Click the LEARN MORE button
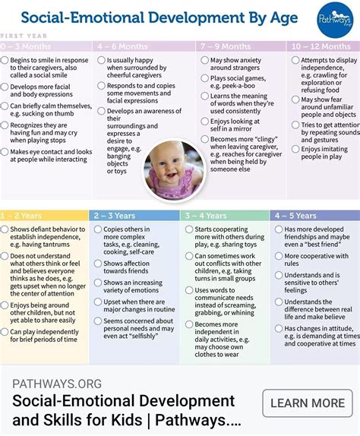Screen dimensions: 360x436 (307, 403)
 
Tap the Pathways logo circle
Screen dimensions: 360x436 (336, 17)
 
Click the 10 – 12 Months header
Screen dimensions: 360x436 (322, 46)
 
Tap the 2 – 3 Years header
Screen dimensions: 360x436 (116, 216)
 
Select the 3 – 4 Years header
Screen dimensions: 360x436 (206, 216)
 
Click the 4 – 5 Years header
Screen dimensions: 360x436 (297, 216)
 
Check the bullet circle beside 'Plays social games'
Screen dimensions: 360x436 (204, 77)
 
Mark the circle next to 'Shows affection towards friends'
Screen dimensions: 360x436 (97, 264)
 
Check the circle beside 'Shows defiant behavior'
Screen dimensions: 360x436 (5, 229)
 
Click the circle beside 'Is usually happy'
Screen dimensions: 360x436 (101, 59)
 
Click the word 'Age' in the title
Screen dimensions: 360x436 (282, 16)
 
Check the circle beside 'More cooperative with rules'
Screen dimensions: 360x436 (278, 256)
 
